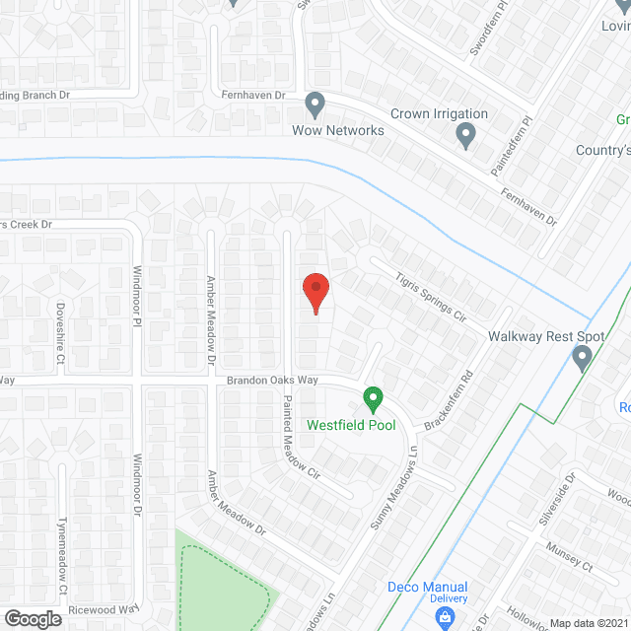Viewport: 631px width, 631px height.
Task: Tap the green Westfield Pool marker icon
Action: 373,399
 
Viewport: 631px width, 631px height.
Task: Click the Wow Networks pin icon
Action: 315,103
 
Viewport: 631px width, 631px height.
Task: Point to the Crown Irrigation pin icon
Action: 467,136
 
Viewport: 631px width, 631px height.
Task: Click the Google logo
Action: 33,618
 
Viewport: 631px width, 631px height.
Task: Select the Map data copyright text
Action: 589,622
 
